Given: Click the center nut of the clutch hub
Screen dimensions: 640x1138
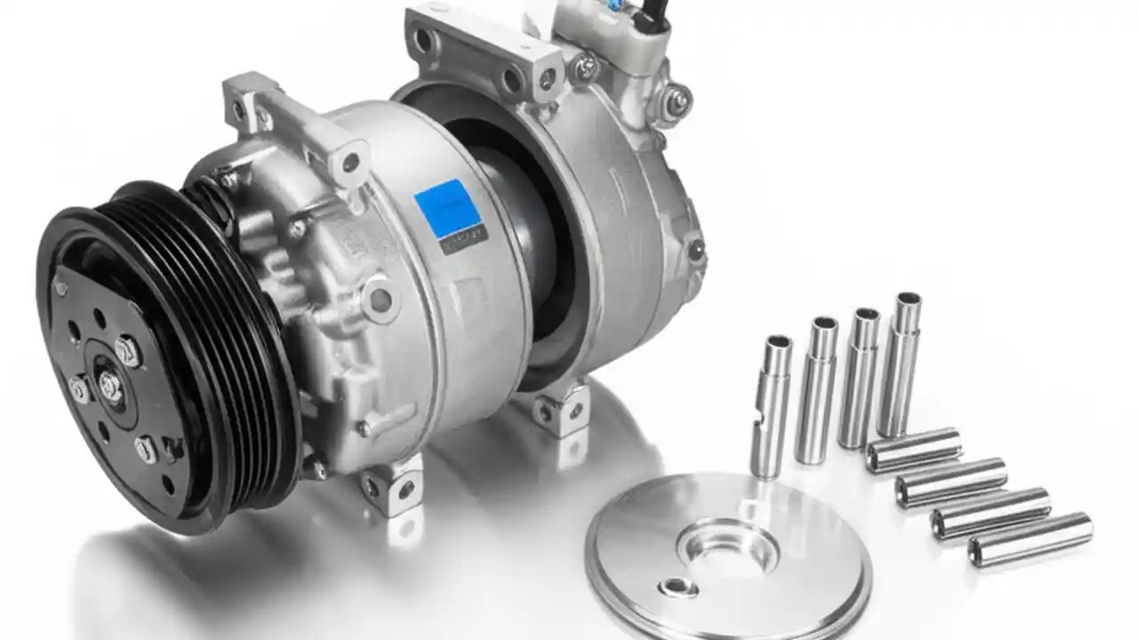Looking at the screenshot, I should point(111,385).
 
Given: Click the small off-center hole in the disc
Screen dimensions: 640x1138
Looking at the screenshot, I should point(678,587).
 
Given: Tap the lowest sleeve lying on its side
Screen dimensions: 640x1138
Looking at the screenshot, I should point(1030,540).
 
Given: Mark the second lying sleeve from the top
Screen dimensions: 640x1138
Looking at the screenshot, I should point(950,482).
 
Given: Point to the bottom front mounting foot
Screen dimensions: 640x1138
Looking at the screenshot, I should point(392,485).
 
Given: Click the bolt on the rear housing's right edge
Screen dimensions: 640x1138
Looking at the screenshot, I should point(696,250).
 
